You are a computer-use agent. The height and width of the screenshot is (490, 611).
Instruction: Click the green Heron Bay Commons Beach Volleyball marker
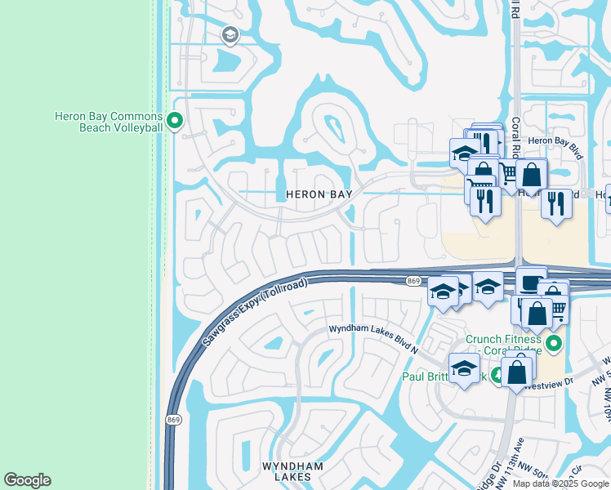point(174,122)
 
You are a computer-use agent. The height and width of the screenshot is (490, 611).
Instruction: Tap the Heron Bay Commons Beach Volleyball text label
point(109,122)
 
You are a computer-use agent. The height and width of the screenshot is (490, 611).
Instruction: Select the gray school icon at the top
point(230,34)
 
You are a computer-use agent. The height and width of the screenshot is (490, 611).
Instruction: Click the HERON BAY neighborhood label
point(319,194)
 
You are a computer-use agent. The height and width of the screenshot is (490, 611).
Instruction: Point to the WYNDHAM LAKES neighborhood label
point(292,471)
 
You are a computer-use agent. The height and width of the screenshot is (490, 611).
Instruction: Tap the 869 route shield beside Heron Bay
point(413,281)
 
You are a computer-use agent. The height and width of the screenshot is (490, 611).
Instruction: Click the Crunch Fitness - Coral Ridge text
point(504,344)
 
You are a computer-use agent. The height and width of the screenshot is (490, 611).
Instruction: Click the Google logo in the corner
point(27,480)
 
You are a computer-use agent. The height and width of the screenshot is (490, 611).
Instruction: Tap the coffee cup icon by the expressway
point(531,282)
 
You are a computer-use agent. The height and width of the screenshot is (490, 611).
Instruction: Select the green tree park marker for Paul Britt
point(497,376)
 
